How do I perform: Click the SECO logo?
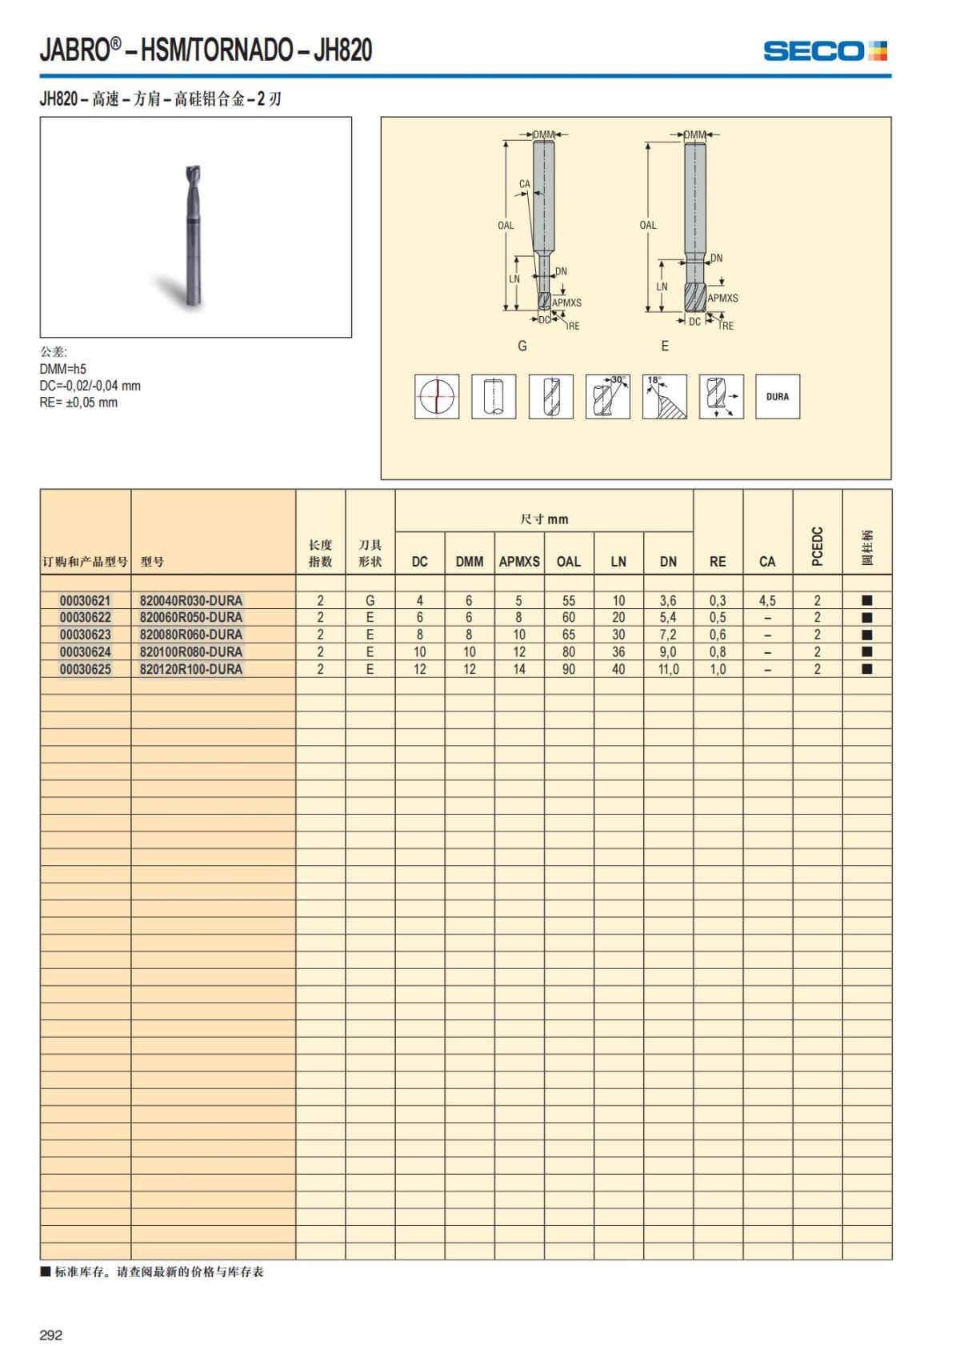click(x=825, y=51)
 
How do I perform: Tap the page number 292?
click(x=51, y=1335)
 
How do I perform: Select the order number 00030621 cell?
click(x=86, y=600)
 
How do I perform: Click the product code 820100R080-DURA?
click(x=190, y=651)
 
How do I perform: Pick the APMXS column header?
click(x=519, y=562)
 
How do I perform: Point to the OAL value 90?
click(x=569, y=669)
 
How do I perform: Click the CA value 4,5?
click(x=767, y=600)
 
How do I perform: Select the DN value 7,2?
click(x=668, y=635)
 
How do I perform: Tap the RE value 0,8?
click(x=718, y=651)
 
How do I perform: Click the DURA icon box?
click(x=778, y=396)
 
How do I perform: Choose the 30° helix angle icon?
click(x=608, y=396)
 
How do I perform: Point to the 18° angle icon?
click(x=665, y=396)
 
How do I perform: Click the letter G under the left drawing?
click(x=522, y=346)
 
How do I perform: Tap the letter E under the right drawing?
click(x=665, y=346)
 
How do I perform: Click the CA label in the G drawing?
click(x=525, y=184)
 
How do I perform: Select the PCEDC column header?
click(x=817, y=546)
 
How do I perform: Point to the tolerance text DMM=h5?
click(x=63, y=369)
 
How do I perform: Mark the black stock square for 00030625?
click(x=867, y=669)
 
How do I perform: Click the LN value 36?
click(x=618, y=651)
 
